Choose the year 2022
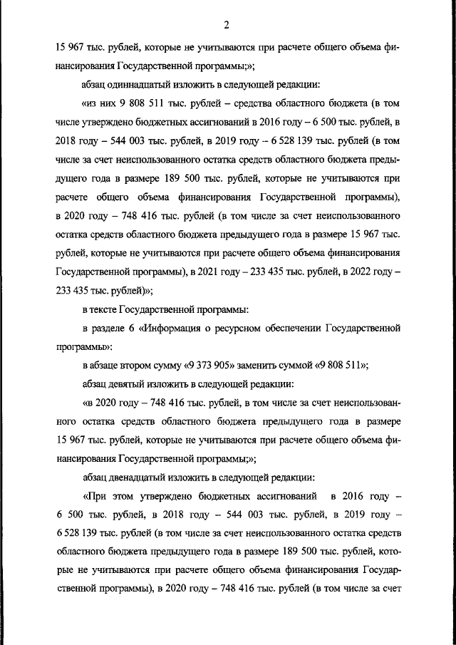point(358,272)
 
